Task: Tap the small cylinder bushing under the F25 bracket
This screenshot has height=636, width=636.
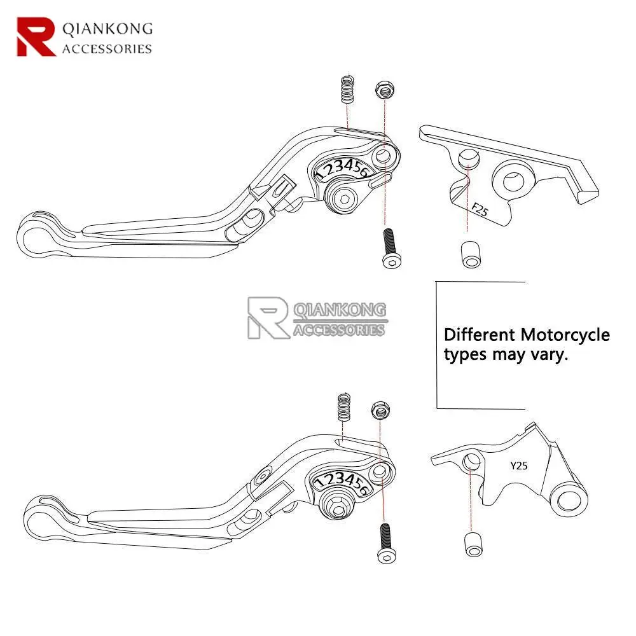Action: [x=467, y=253]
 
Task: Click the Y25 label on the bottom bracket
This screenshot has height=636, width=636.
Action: [x=519, y=466]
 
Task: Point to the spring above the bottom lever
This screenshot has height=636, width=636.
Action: [x=345, y=407]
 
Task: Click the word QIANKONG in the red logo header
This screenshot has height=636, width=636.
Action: [x=107, y=29]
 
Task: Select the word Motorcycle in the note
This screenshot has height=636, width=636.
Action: [x=565, y=335]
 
